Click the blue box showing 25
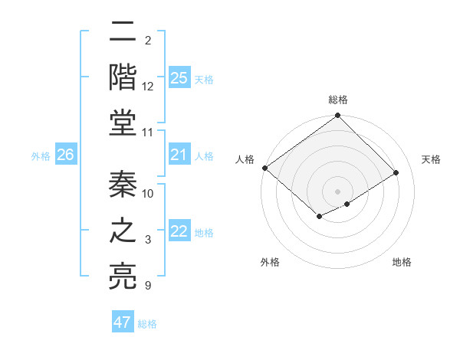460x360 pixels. pyautogui.click(x=179, y=78)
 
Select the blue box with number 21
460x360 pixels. pyautogui.click(x=179, y=155)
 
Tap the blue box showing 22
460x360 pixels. pyautogui.click(x=179, y=232)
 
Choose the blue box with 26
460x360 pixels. pyautogui.click(x=66, y=155)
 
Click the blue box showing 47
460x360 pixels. pyautogui.click(x=123, y=322)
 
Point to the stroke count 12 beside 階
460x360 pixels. pyautogui.click(x=148, y=87)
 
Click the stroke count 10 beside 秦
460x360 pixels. pyautogui.click(x=148, y=193)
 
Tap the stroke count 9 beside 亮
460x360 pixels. pyautogui.click(x=148, y=286)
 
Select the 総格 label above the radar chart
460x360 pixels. pyautogui.click(x=338, y=100)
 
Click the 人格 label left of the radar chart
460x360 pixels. pyautogui.click(x=245, y=159)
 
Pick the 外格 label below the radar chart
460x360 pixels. pyautogui.click(x=270, y=262)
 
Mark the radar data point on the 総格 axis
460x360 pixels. pyautogui.click(x=338, y=116)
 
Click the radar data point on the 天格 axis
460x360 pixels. pyautogui.click(x=397, y=172)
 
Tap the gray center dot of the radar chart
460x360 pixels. pyautogui.click(x=338, y=191)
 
